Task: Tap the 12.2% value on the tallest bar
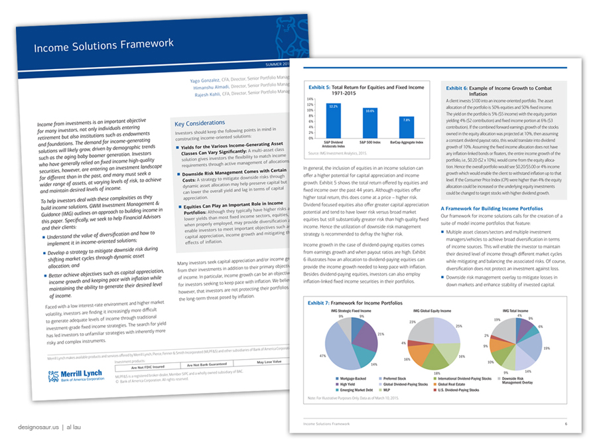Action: click(334, 106)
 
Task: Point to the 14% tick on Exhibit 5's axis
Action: click(310, 99)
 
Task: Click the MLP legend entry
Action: click(390, 390)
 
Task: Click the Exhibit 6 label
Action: click(458, 88)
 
